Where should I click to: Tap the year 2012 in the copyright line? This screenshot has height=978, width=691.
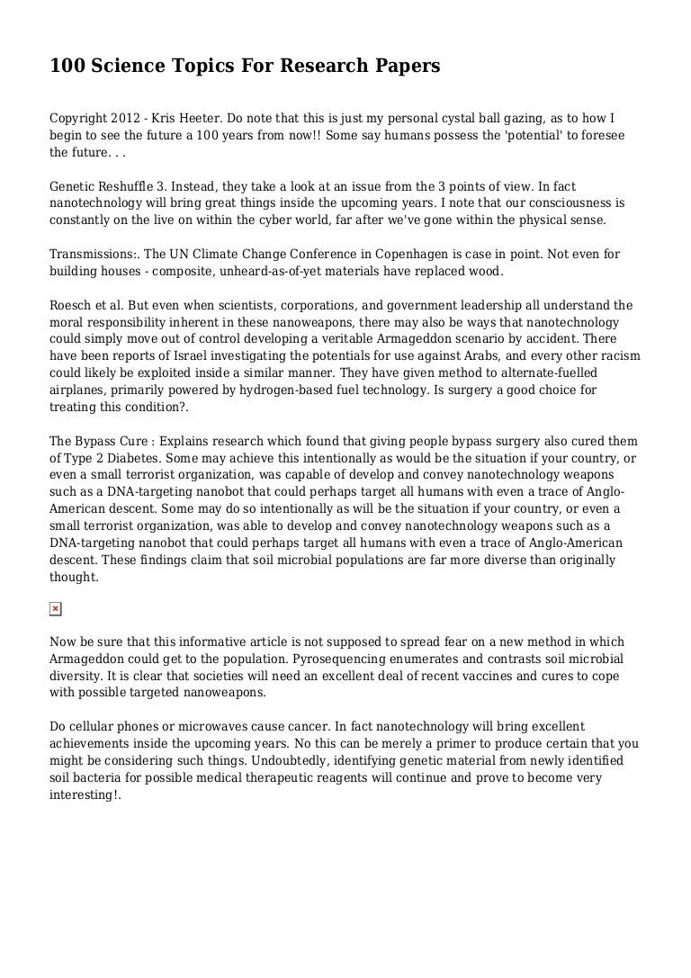[x=126, y=119]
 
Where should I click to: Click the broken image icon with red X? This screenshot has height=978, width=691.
[x=55, y=609]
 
